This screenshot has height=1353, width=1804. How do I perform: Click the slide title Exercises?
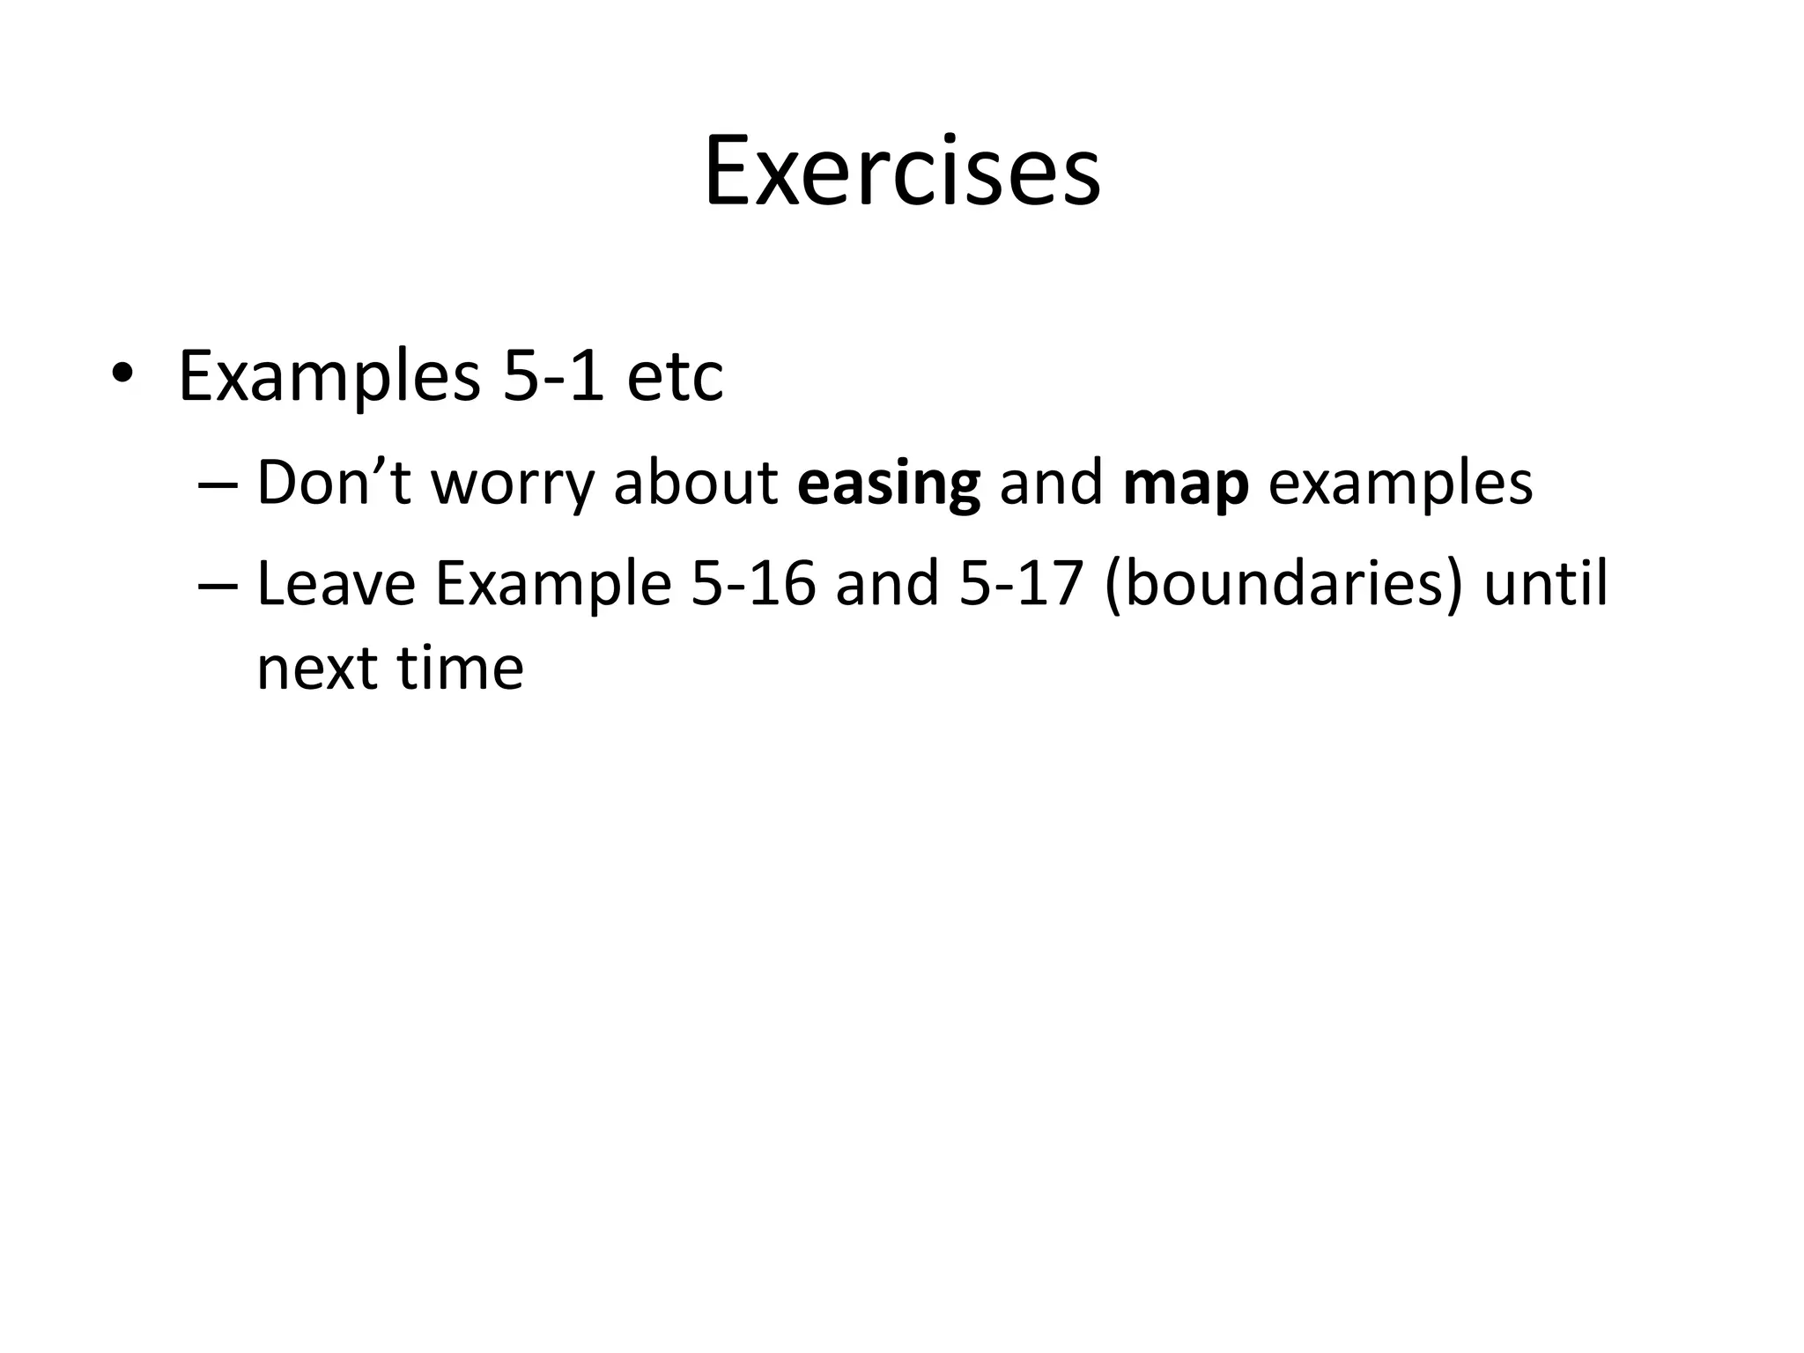tap(902, 171)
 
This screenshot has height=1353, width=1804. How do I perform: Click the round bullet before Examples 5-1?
tap(122, 374)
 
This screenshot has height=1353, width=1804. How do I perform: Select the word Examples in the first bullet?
tap(329, 377)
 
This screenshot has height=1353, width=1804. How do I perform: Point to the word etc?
tap(675, 377)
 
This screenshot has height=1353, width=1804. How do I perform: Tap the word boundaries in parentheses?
tap(1283, 585)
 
